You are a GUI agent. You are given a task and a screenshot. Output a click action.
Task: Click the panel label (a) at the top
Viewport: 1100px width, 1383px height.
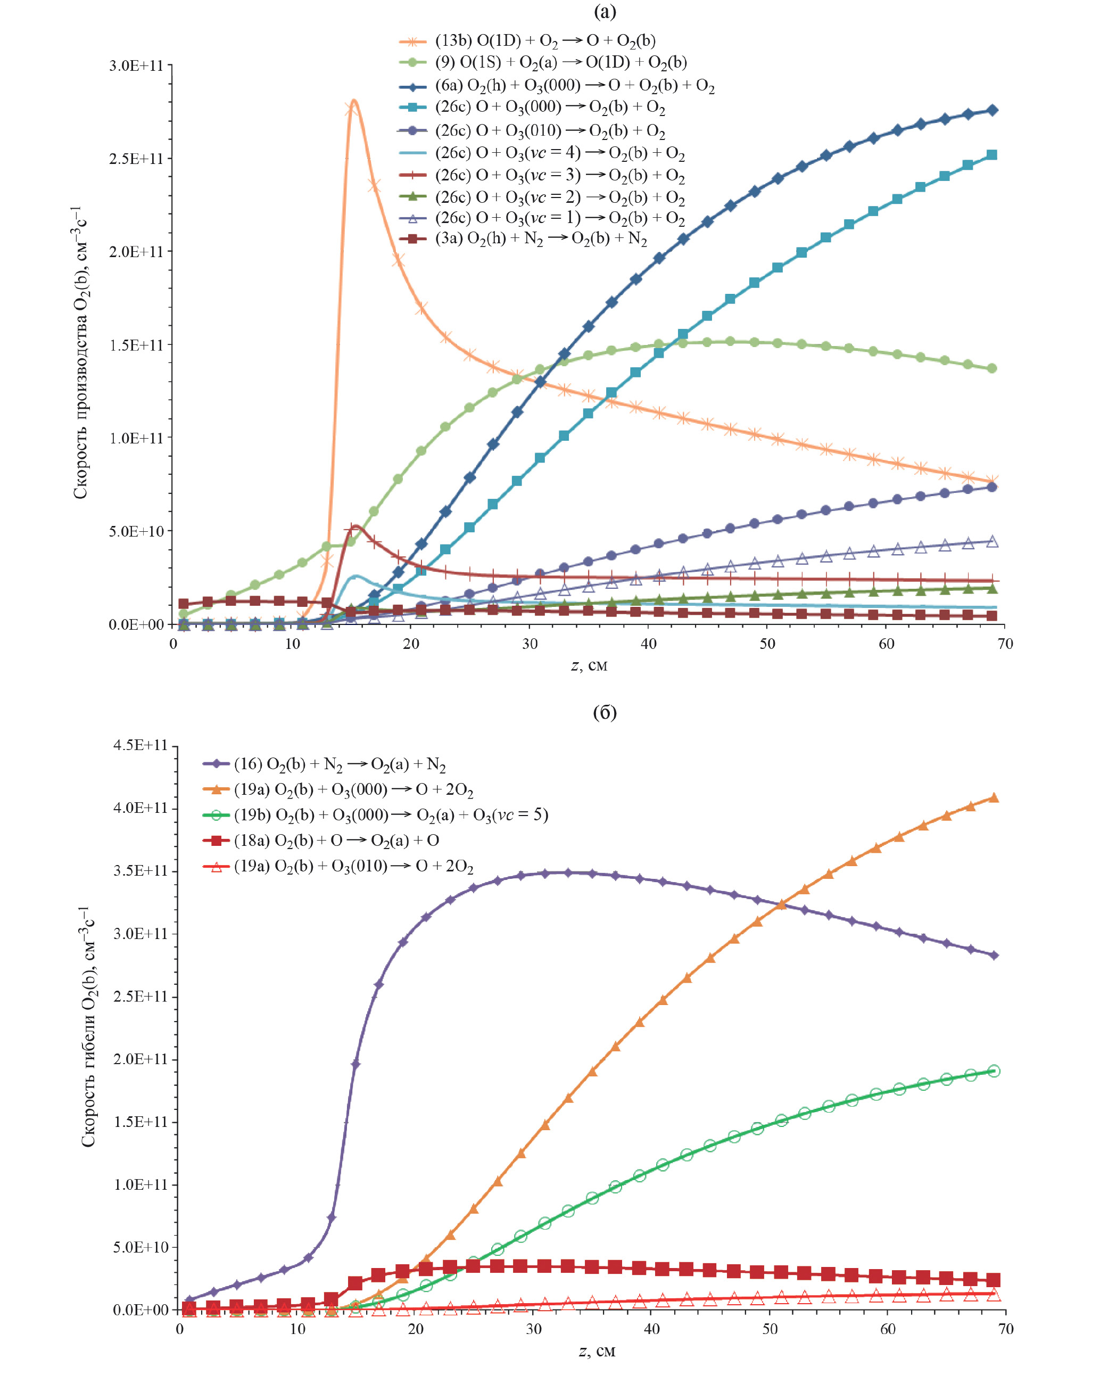pos(604,12)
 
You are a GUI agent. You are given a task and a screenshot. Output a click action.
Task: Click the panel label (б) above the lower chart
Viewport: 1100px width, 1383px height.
pos(604,712)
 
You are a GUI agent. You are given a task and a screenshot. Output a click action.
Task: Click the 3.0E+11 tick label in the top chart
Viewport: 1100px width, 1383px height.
pos(136,65)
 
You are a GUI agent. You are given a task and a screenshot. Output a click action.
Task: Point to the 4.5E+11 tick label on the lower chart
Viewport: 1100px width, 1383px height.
pos(140,745)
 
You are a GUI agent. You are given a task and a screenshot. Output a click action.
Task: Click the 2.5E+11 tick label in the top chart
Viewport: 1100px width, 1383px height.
pos(136,159)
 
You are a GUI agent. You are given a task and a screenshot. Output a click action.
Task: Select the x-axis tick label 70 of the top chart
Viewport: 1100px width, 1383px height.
pos(1004,644)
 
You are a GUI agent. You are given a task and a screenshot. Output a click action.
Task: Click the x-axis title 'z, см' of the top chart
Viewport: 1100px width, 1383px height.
pos(589,665)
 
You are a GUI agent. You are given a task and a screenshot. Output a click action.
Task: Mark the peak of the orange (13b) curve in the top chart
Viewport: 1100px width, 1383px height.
pos(353,100)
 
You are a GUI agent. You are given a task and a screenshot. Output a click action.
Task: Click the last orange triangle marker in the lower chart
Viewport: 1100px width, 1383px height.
pos(994,797)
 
